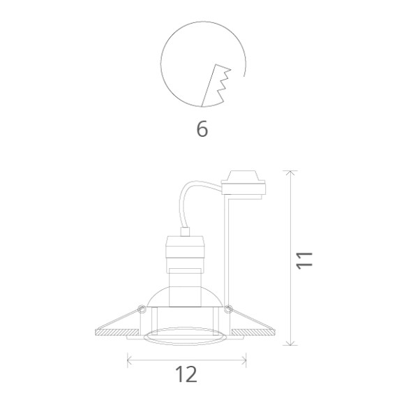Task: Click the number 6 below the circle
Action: [x=202, y=130]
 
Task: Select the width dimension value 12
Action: [x=186, y=374]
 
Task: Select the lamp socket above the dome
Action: [x=186, y=255]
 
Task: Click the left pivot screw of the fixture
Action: [x=142, y=307]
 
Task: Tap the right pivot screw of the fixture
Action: [x=229, y=307]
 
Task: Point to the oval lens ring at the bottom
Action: [x=186, y=339]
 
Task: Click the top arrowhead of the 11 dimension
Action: [x=292, y=172]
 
